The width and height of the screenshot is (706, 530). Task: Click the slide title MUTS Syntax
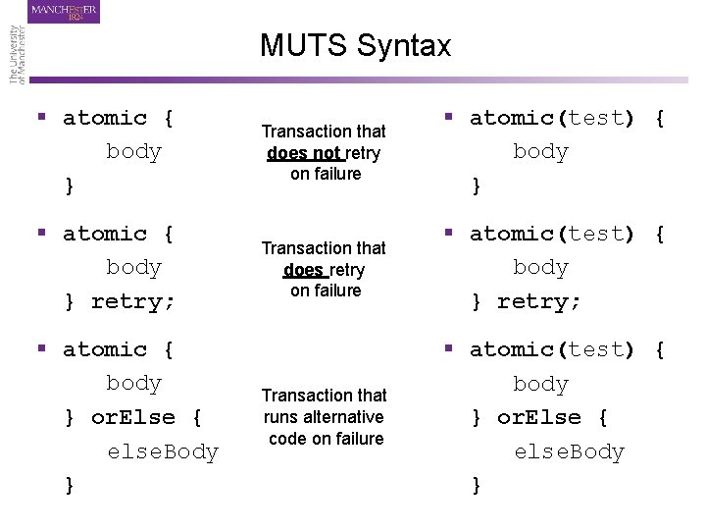coord(355,45)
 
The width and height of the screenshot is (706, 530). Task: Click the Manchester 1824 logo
coord(65,12)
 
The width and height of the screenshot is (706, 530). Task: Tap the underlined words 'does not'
coord(305,153)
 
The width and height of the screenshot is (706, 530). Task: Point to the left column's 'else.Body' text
coord(163,451)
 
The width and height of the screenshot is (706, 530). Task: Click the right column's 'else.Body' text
coord(570,451)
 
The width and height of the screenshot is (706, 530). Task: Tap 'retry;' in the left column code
coord(133,301)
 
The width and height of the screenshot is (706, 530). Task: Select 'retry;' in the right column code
coord(539,301)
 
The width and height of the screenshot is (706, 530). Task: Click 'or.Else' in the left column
coord(133,417)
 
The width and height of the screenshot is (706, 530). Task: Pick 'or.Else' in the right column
coord(539,417)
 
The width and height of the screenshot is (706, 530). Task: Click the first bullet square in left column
coord(42,118)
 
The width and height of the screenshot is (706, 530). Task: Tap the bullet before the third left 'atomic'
coord(42,349)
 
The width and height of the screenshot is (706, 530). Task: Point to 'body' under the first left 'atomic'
coord(133,152)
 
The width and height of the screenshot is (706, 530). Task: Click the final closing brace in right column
coord(477,485)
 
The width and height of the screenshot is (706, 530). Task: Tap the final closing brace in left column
coord(70,485)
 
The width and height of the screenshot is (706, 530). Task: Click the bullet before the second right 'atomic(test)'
coord(449,234)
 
